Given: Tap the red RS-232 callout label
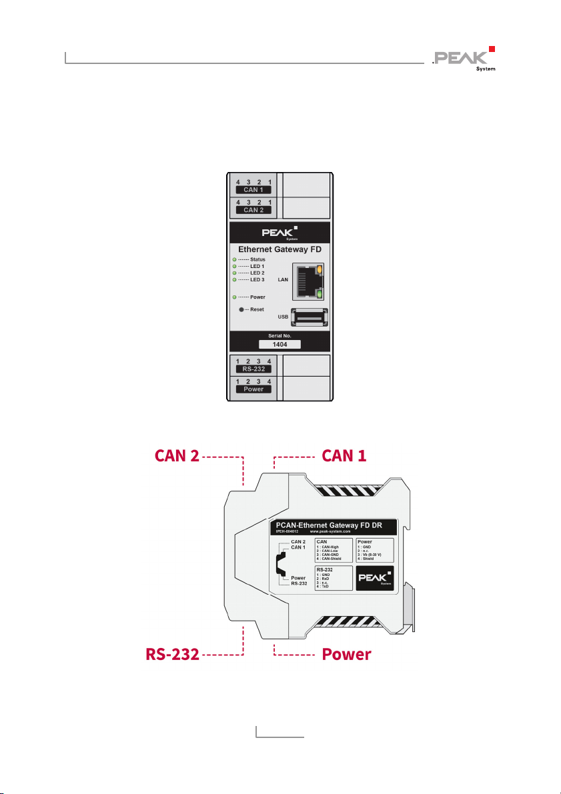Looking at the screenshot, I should tap(173, 655).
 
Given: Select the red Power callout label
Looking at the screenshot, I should tap(346, 655).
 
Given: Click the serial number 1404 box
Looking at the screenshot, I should tap(279, 344).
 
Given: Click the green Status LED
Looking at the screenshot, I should tap(234, 259).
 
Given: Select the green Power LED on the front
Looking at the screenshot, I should tap(234, 297).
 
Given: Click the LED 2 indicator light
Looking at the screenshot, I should tap(234, 273).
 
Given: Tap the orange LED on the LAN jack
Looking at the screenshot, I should tap(320, 269).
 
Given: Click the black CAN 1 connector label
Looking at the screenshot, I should tap(253, 190).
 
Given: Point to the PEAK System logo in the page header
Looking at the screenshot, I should tap(464, 59).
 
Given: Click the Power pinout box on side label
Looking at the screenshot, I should tap(374, 549).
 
